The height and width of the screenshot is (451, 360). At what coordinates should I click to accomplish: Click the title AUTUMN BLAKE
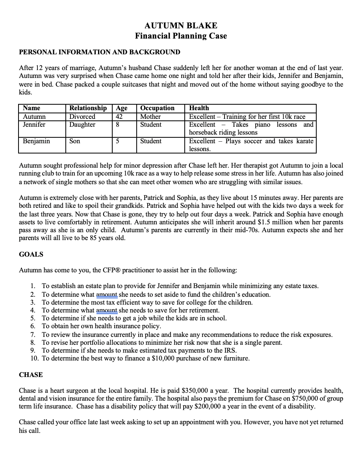pyautogui.click(x=181, y=26)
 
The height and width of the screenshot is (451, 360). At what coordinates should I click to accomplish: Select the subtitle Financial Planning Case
pyautogui.click(x=181, y=36)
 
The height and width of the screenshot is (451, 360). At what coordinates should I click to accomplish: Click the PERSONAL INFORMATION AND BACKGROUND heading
pyautogui.click(x=100, y=52)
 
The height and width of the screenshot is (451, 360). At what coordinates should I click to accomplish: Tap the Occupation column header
pyautogui.click(x=157, y=108)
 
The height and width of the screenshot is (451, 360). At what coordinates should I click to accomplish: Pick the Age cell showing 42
pyautogui.click(x=119, y=116)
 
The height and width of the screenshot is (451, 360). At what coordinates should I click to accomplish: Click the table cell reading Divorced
pyautogui.click(x=82, y=116)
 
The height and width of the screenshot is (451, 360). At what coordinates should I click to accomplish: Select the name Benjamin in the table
pyautogui.click(x=37, y=141)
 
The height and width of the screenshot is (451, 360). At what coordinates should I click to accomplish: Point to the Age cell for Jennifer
pyautogui.click(x=117, y=125)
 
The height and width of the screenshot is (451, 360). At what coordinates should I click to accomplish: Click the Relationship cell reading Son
pyautogui.click(x=75, y=141)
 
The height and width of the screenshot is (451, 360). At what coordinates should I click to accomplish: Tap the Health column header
pyautogui.click(x=199, y=108)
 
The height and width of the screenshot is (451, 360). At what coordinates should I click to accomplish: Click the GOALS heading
pyautogui.click(x=31, y=254)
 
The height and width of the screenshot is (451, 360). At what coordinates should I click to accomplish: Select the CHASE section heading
pyautogui.click(x=31, y=375)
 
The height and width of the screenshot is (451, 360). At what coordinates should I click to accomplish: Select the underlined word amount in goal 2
pyautogui.click(x=107, y=294)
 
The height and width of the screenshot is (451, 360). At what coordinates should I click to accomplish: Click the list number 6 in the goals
pyautogui.click(x=33, y=326)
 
